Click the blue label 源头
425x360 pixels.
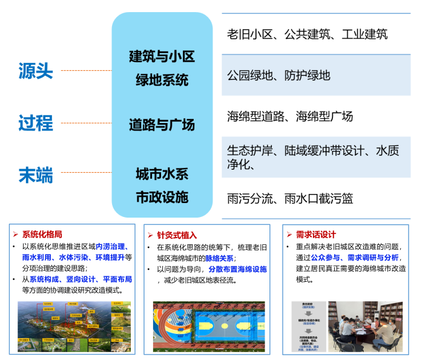(x=36, y=71)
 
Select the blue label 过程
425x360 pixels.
(x=36, y=123)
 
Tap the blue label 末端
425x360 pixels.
(x=36, y=176)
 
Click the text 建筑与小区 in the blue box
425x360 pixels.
(x=162, y=57)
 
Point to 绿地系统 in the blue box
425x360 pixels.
(x=162, y=79)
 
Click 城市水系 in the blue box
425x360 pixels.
(x=162, y=174)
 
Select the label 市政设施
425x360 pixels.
(x=162, y=197)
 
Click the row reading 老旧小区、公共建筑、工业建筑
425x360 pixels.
(x=307, y=35)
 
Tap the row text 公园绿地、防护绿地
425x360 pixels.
(x=278, y=76)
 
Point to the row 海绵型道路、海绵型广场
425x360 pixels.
(x=290, y=116)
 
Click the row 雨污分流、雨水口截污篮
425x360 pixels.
(x=290, y=198)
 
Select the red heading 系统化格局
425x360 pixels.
(x=42, y=234)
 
